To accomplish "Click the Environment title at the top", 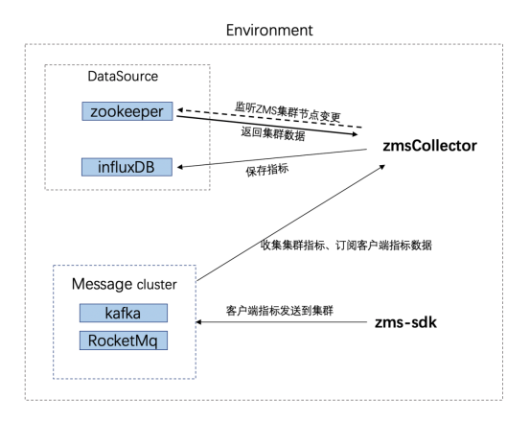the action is click(269, 31).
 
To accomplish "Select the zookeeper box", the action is click(127, 111).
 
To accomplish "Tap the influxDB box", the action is click(127, 167).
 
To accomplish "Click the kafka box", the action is click(124, 313).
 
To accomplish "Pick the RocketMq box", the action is click(124, 341).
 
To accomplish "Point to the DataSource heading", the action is click(123, 77).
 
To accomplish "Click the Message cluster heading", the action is click(124, 284).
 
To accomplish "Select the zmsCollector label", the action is click(429, 146).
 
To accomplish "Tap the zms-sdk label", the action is click(405, 322).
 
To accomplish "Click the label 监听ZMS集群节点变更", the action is click(288, 111).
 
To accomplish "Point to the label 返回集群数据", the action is click(273, 133).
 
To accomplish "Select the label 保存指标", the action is click(267, 170).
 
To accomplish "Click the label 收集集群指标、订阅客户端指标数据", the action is click(346, 245).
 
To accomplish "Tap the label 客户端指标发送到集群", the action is click(280, 311).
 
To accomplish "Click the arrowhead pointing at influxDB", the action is click(180, 167).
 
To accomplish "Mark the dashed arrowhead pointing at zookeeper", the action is click(180, 110).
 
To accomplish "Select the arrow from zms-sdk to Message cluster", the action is click(281, 322).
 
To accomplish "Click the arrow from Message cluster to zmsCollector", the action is click(291, 223).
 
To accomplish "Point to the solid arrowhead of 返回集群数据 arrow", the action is click(355, 134).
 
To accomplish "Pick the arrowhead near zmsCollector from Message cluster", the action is click(382, 167).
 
